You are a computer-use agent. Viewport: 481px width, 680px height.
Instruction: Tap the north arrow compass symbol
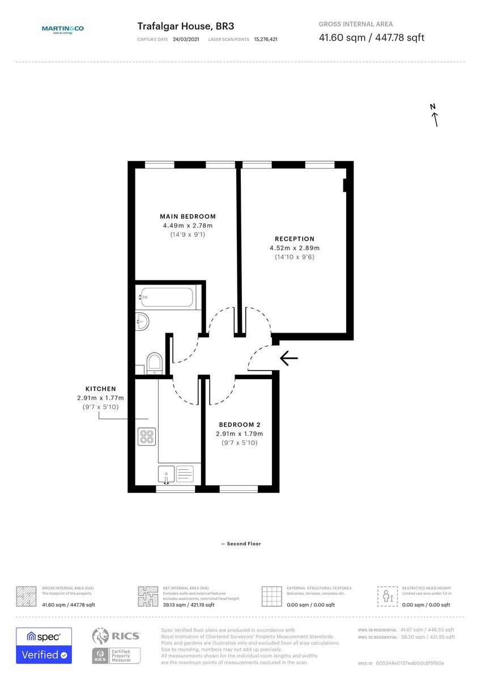[x=435, y=115]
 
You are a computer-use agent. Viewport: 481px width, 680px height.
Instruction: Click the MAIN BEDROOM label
[x=188, y=216]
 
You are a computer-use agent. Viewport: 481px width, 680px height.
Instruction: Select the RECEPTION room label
[x=294, y=239]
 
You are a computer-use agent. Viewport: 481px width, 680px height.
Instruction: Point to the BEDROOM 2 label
[x=239, y=424]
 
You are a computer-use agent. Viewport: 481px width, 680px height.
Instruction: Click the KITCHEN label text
[x=100, y=389]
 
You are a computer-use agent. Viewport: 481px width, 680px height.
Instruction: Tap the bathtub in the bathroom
[x=167, y=297]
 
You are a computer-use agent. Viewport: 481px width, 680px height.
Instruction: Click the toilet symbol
[x=154, y=363]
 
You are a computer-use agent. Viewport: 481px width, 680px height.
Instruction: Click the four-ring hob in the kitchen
[x=147, y=436]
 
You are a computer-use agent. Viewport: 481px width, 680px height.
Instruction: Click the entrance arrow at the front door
[x=289, y=357]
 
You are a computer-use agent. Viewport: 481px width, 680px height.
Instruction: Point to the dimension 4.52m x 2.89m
[x=294, y=248]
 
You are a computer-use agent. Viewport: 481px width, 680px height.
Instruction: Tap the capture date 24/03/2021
[x=186, y=40]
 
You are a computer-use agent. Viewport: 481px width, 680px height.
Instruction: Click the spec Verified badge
[x=44, y=645]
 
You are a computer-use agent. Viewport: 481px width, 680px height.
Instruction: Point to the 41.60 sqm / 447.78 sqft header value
[x=371, y=38]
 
